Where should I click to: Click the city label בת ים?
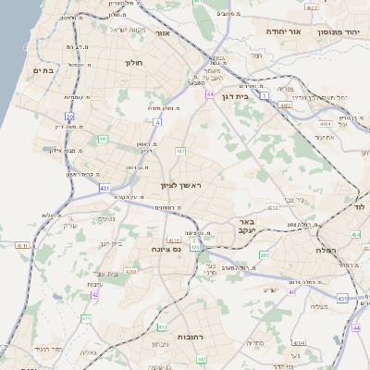pyautogui.click(x=43, y=70)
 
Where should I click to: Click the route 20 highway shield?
pyautogui.click(x=69, y=117)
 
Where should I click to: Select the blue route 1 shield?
pyautogui.click(x=265, y=95)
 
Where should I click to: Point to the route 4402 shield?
pyautogui.click(x=285, y=106)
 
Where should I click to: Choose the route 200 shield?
pyautogui.click(x=265, y=254)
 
